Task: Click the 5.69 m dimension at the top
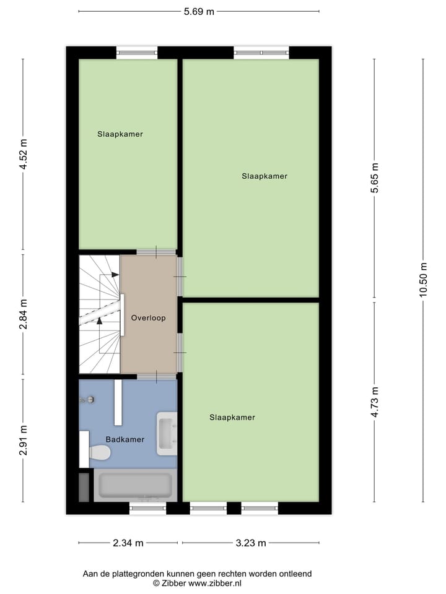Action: (x=199, y=11)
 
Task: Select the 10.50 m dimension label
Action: (x=423, y=280)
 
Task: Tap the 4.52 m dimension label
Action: (x=24, y=156)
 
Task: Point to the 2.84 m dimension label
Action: (x=24, y=315)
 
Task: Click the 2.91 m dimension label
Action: (x=24, y=440)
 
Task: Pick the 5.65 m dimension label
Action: (x=374, y=179)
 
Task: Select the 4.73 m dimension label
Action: (x=374, y=402)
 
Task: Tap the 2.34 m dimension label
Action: (x=128, y=543)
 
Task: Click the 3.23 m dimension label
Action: (x=251, y=543)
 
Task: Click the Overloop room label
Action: (x=148, y=318)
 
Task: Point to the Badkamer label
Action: (x=125, y=439)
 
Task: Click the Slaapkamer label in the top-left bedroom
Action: (x=120, y=134)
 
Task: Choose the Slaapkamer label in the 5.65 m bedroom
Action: (x=265, y=176)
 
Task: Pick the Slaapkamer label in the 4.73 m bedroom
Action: (x=232, y=417)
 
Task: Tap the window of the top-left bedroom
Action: (x=137, y=53)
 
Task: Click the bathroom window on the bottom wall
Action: (x=147, y=508)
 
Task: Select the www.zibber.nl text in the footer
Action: (x=215, y=583)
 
